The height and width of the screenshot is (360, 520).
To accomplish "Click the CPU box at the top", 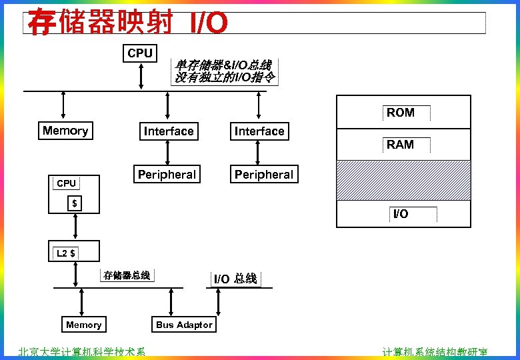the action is pos(140,53).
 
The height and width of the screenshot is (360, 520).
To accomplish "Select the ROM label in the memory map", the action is pos(400,113).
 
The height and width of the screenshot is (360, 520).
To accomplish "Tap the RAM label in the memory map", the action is pos(400,145).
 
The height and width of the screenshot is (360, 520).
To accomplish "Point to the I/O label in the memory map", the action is pos(400,214).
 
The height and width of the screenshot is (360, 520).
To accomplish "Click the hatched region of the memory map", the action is pos(403,180).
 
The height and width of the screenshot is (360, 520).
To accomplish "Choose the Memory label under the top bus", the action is pos(65,131).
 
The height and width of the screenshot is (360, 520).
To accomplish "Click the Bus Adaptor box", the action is pos(184,325).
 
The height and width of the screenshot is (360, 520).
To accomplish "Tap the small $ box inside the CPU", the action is pos(75,203).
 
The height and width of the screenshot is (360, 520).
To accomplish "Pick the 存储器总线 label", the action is pos(127,275).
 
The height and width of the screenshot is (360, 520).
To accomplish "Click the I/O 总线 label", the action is pos(235,279).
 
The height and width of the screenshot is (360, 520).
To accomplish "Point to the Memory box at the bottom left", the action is pos(84,325).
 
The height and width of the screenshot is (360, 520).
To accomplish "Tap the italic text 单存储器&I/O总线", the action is pos(223,65).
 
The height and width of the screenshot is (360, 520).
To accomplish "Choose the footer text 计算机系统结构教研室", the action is pos(435,353).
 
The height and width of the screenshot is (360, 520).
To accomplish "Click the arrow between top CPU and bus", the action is pos(141,76).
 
